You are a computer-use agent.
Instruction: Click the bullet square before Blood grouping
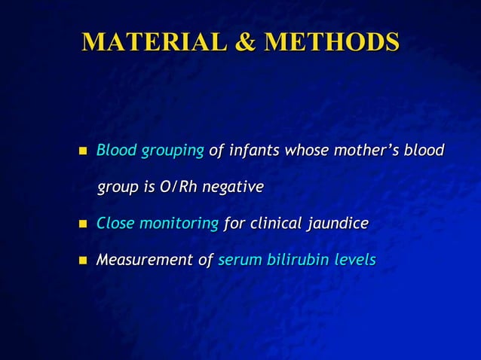pos(83,151)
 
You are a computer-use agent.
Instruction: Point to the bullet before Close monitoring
pos(83,224)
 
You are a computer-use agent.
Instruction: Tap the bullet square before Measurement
pos(83,261)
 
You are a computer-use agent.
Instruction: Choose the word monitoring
pos(178,224)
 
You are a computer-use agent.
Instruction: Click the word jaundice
pos(337,224)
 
